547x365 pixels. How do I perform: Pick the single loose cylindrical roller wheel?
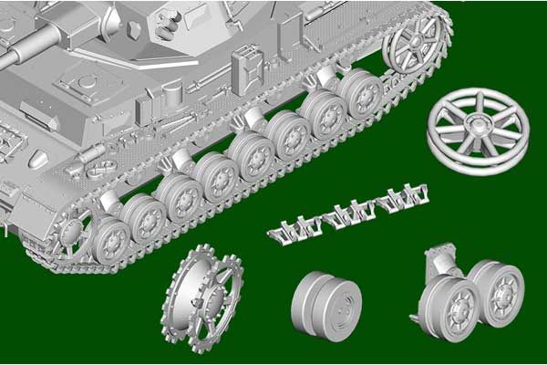pos(326,304)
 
